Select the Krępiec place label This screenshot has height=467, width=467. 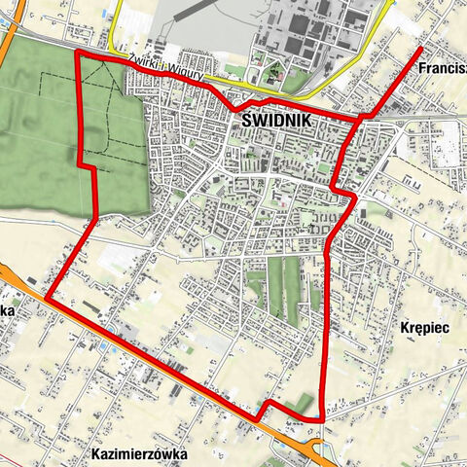pos(423,329)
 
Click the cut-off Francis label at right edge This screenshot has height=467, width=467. pos(443,71)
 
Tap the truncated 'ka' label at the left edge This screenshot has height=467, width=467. pos(5,308)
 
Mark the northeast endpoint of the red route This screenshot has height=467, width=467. pos(420,48)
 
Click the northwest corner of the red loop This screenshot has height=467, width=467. pos(77,53)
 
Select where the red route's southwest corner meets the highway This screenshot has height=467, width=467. pos(45,298)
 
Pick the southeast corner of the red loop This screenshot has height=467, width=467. pos(320,418)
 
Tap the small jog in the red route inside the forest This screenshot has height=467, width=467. pos(88,168)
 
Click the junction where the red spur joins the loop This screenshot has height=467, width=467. pos(362,116)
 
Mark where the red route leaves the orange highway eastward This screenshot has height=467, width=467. pos(259,416)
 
